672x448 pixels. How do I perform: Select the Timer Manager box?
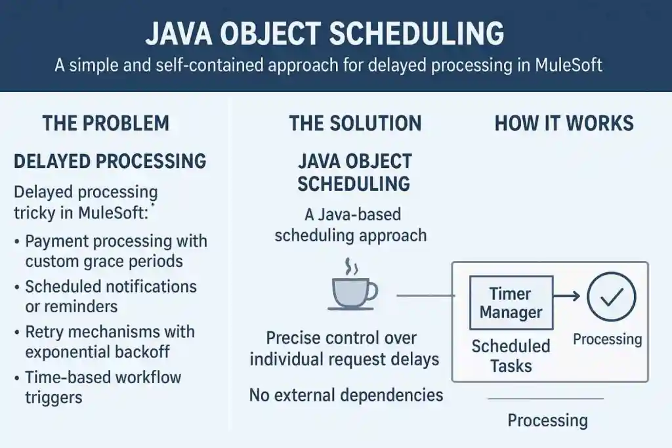pos(511,303)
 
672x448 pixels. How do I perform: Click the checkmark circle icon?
pos(611,296)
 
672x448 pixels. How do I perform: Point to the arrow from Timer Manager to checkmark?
pos(566,296)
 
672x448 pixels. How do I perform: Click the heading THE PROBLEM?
pos(106,123)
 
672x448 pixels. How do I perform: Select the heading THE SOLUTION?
pos(355,123)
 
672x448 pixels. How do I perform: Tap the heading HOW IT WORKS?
pos(564,123)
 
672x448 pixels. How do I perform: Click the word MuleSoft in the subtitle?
pos(569,65)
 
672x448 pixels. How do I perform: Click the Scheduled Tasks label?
pos(511,356)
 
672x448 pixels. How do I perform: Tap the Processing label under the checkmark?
pos(607,339)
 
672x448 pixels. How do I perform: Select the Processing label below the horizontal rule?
pos(548,420)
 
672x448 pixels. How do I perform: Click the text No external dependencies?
pos(346,395)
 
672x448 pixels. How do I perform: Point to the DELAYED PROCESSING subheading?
pos(110,161)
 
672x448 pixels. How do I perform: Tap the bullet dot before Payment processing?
pos(16,241)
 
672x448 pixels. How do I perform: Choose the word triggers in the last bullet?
pos(54,397)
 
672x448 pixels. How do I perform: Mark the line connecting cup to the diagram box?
pos(425,296)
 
